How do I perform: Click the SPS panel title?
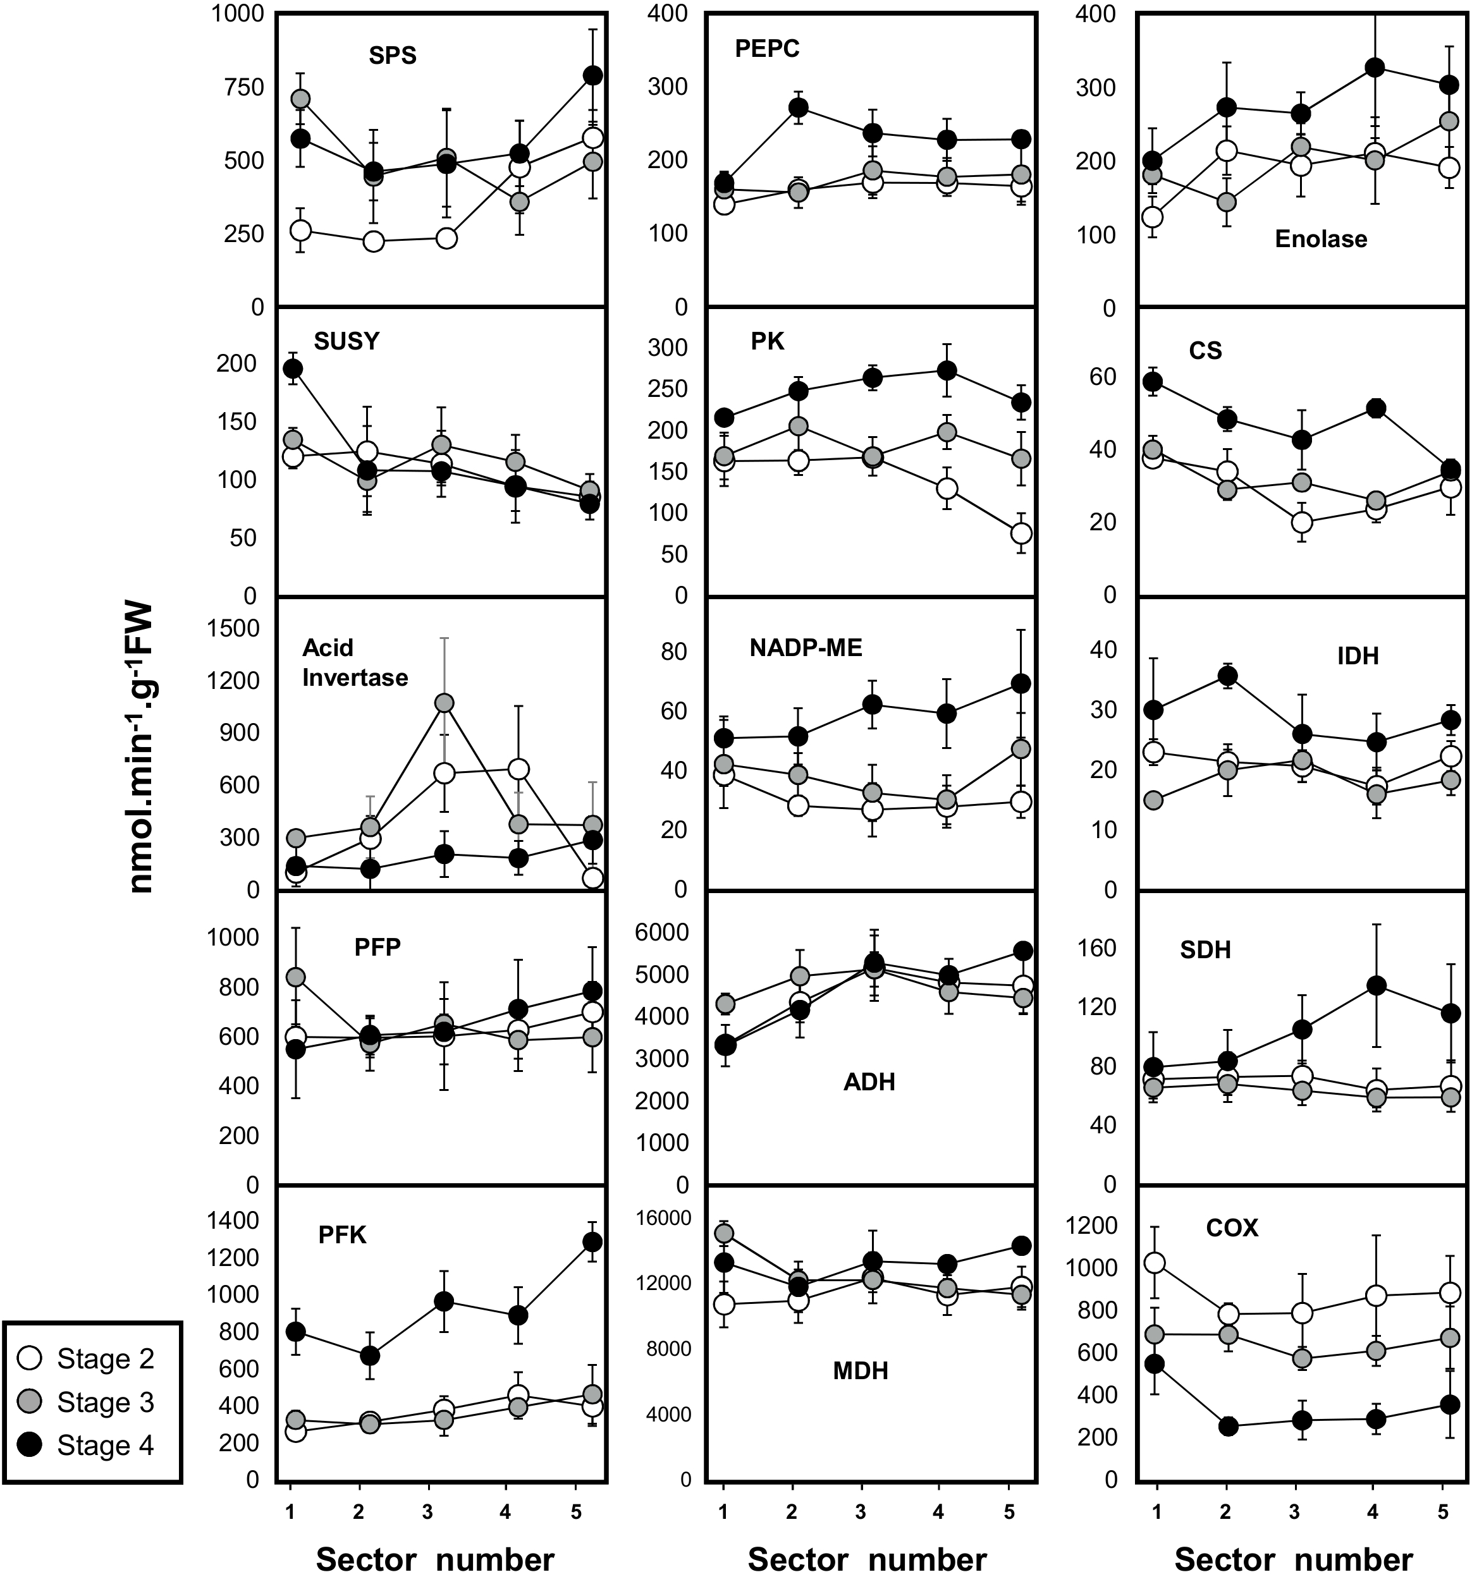392,56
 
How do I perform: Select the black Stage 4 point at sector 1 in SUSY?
293,369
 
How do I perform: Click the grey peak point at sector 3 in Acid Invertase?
445,703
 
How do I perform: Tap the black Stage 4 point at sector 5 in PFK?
592,1241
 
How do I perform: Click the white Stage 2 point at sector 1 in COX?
1155,1263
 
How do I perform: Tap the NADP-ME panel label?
806,648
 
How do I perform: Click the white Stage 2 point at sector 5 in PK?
1021,533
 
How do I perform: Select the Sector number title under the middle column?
868,1558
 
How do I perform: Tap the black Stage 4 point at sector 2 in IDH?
1227,676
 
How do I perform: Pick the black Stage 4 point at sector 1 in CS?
1154,382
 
